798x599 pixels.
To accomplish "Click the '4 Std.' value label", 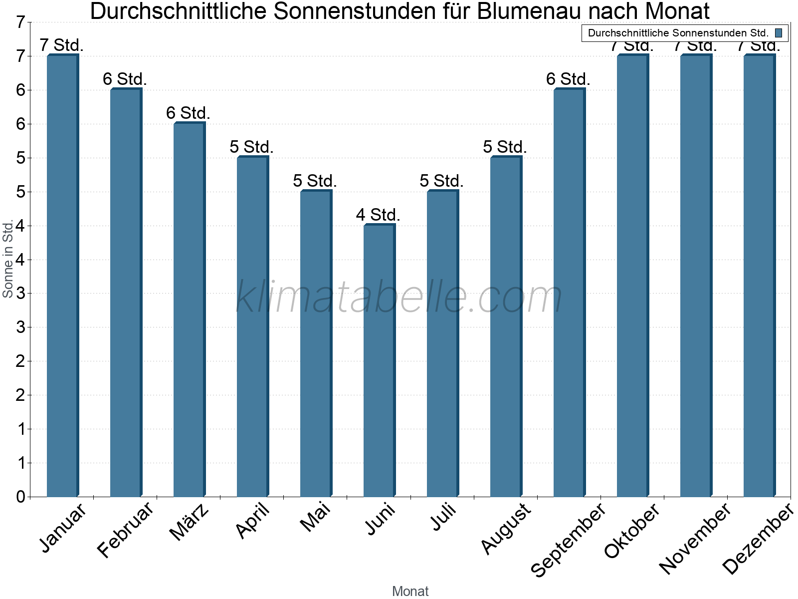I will coord(378,215).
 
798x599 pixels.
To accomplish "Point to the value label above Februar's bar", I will coord(125,79).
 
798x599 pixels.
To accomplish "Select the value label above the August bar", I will coord(505,147).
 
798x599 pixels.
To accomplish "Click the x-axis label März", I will coord(189,522).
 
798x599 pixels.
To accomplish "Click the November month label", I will coord(695,538).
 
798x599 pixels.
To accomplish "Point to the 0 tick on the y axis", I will coord(20,497).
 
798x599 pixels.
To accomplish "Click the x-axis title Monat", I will coord(410,591).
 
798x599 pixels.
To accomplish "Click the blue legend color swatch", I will coord(779,33).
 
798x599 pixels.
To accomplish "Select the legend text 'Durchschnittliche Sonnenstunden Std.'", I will coord(678,33).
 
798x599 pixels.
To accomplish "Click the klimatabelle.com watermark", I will coord(399,297).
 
